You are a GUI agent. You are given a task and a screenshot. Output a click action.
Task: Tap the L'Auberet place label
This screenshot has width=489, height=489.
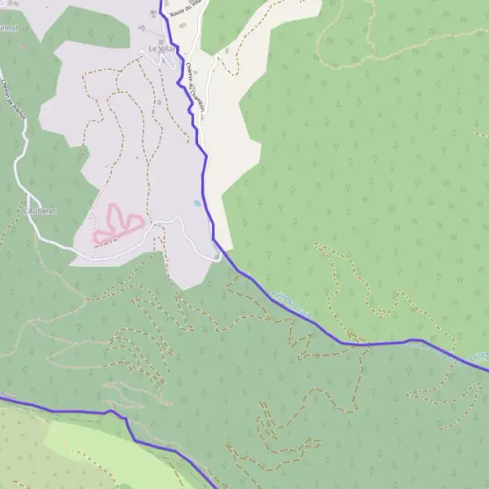[x=41, y=210]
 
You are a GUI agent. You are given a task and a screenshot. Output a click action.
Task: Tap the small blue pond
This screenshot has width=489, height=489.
[x=196, y=203]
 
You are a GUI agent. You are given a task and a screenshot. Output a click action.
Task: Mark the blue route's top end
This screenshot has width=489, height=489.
[x=161, y=2]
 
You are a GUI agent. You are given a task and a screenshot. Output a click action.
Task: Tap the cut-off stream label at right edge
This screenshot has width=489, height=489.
[x=479, y=356]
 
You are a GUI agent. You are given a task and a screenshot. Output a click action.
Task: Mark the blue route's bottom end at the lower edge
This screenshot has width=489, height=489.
[x=214, y=487]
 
